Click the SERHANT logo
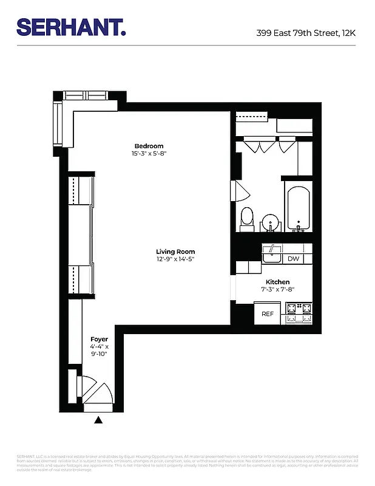point(71,27)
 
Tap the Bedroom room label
point(149,146)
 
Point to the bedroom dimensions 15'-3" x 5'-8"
point(149,154)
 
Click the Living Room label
point(175,252)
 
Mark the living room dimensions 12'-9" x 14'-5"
point(175,259)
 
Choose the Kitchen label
point(277,282)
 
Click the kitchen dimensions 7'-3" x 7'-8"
point(277,290)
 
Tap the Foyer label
point(99,339)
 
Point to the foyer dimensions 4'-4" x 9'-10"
point(99,351)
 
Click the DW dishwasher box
point(293,259)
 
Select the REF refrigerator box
point(268,314)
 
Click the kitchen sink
point(272,256)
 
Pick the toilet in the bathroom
point(247,219)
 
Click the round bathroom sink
point(271,222)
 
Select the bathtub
point(298,210)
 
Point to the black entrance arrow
point(98,419)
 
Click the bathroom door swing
point(241,191)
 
